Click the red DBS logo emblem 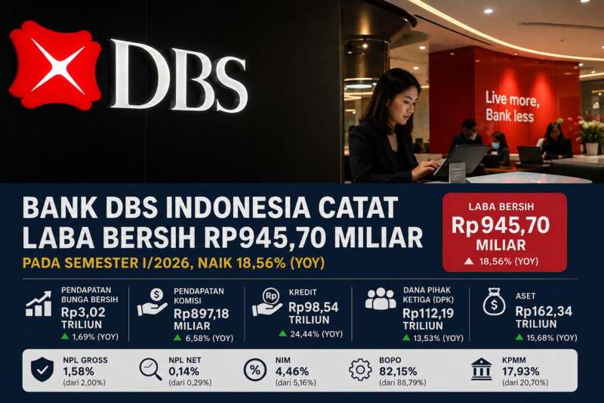coord(54,65)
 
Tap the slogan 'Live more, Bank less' coord(512,107)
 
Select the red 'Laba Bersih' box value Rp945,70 coord(501,225)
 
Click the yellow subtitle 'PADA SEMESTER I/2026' coord(106,263)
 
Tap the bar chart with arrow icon coord(39,304)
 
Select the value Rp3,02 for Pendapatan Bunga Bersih coord(83,312)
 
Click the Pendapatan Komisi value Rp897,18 coord(201,314)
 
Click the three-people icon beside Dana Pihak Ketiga coord(381,299)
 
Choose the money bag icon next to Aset coord(495,302)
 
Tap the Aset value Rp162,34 coord(544,312)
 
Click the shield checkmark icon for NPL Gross coord(42,370)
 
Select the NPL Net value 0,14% coord(183,371)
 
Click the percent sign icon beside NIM coord(255,370)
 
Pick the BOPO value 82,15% coord(398,371)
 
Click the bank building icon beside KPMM coord(482,369)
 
